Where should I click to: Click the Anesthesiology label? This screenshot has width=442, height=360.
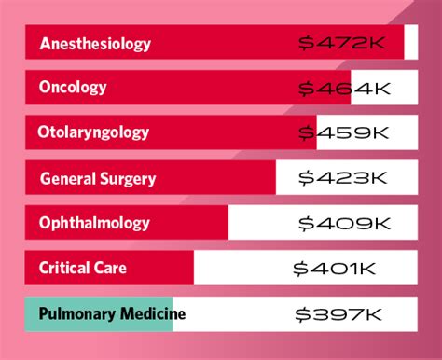coord(94,44)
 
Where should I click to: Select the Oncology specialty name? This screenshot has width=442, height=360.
coord(73,88)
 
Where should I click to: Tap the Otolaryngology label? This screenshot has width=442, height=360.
coord(92,132)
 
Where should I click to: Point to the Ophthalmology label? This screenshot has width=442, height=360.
coord(94,223)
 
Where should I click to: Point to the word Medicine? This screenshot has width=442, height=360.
coord(150,313)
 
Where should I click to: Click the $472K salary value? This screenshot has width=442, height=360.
coord(344,43)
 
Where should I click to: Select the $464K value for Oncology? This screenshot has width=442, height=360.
coord(344,88)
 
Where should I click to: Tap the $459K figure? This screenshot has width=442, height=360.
coord(344,132)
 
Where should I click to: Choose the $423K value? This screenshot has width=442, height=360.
coord(344,177)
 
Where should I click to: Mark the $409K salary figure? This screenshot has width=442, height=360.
coord(344,223)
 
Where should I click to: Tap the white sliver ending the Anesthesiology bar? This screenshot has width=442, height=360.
coord(410,43)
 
